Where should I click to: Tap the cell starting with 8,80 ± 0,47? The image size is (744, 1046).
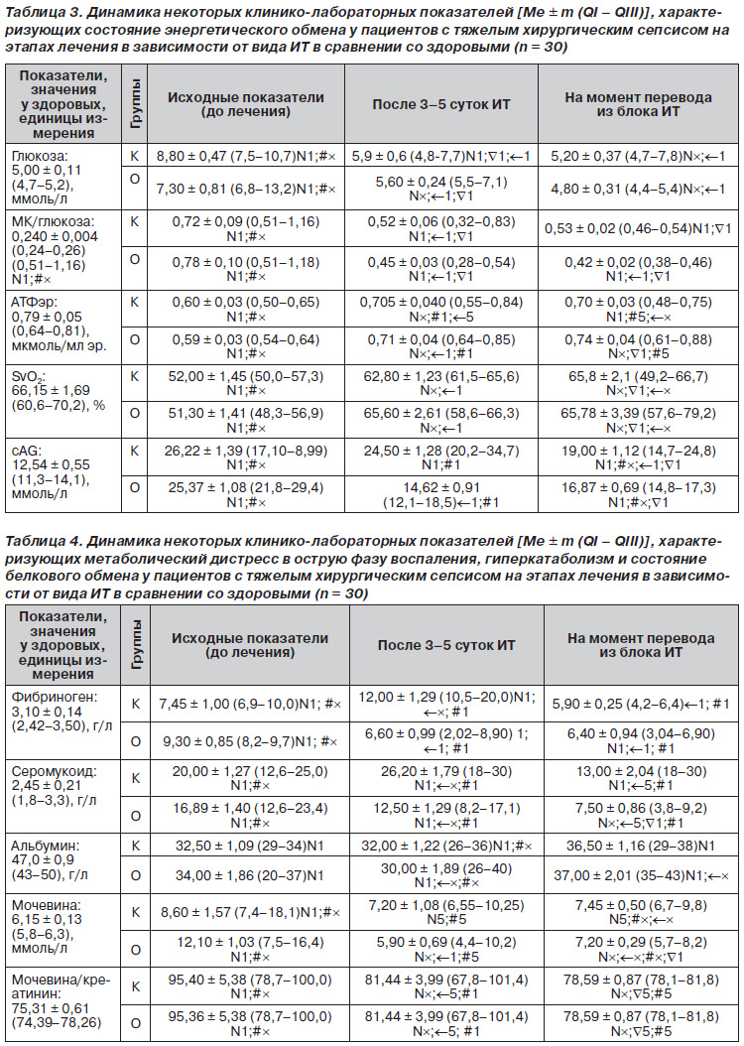[x=246, y=158]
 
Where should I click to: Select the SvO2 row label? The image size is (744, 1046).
[x=27, y=377]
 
